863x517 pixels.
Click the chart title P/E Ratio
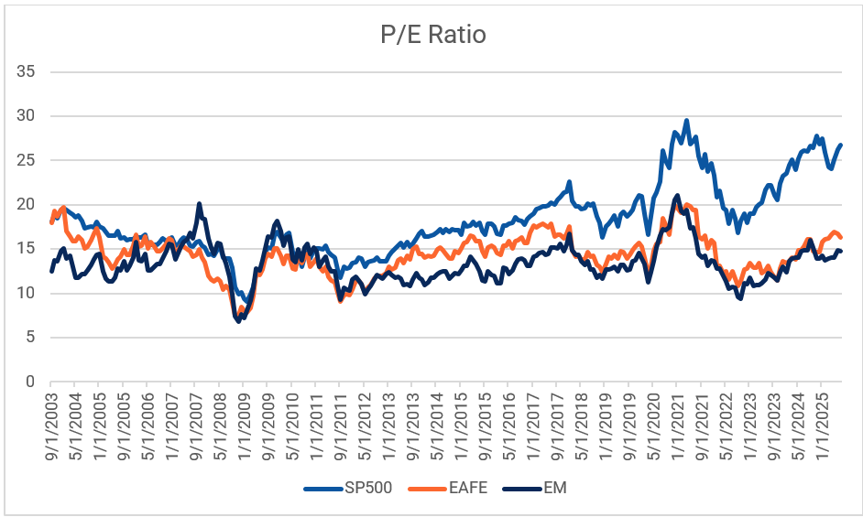[432, 35]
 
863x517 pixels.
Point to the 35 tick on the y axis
[30, 71]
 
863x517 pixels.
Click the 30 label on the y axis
[30, 116]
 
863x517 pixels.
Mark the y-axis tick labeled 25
[30, 160]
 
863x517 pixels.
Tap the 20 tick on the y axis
[30, 204]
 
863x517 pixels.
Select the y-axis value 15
[30, 249]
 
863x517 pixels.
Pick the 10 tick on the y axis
[30, 293]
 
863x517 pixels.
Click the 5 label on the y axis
[34, 337]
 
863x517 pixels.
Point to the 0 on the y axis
[34, 382]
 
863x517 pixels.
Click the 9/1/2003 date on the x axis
[51, 423]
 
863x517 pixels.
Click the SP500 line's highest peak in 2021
[686, 120]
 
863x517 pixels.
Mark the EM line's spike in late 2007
[199, 204]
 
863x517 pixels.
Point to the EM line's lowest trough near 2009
[239, 320]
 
